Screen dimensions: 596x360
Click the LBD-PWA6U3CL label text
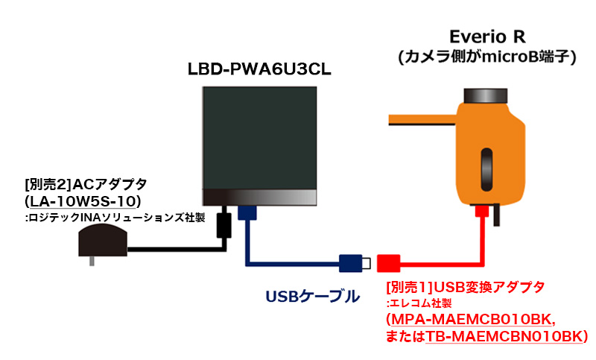259,69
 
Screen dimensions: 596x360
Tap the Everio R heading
487,37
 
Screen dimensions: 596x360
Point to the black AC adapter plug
103,242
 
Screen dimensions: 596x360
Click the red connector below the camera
481,211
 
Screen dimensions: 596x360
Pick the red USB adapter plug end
388,263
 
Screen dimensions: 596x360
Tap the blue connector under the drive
247,213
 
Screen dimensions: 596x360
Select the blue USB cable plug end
355,263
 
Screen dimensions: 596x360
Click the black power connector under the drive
224,225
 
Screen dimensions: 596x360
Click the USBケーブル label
312,297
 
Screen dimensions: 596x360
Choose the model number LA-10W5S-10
83,201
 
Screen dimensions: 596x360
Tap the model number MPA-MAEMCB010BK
472,319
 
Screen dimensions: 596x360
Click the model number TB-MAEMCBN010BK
504,336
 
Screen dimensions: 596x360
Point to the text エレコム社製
420,303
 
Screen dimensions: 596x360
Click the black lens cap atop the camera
486,95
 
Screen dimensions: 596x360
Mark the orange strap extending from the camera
422,119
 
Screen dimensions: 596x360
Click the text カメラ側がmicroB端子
487,57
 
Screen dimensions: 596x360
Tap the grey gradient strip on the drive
259,198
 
